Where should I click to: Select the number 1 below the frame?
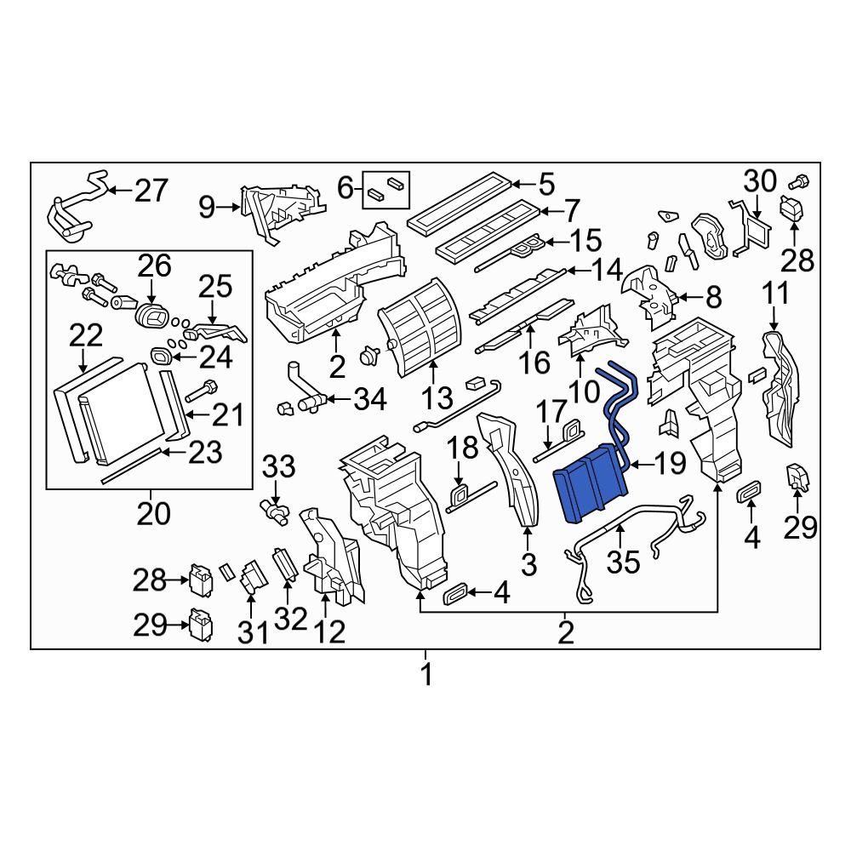pyautogui.click(x=425, y=676)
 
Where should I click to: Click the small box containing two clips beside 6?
pyautogui.click(x=387, y=189)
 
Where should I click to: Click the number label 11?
pyautogui.click(x=774, y=294)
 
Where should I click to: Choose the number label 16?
pyautogui.click(x=534, y=364)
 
